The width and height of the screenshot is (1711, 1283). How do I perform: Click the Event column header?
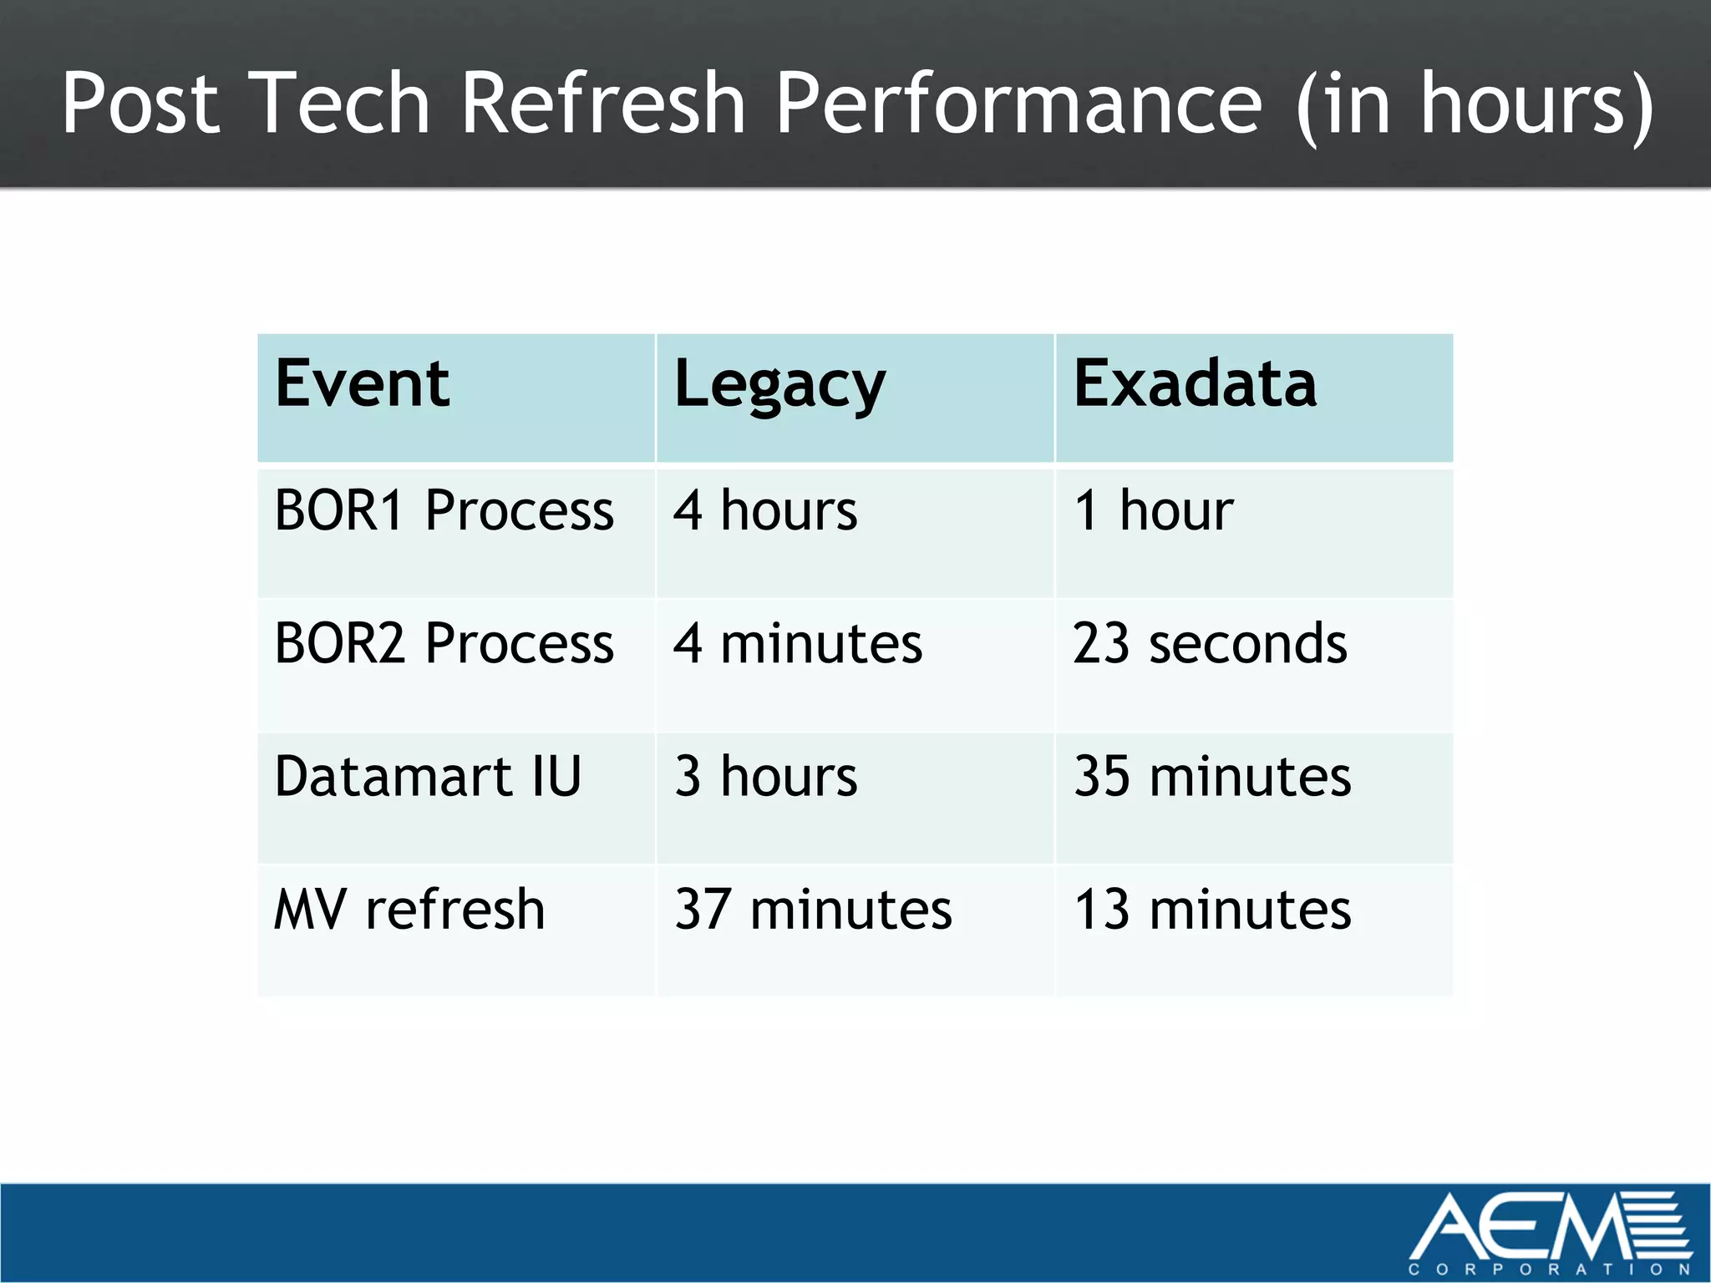362,383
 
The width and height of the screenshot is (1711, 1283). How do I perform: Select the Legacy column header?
779,385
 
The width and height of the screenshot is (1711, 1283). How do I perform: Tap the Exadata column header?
1195,383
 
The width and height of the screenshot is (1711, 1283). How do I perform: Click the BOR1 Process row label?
444,510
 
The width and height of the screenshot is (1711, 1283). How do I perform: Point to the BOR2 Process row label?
444,643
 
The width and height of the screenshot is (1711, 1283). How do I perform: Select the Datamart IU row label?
427,776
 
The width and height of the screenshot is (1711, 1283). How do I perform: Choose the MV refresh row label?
409,909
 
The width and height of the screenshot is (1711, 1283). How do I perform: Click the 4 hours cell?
765,510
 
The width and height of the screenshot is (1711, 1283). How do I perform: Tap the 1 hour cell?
1153,510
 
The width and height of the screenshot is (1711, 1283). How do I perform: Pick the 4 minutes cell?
798,643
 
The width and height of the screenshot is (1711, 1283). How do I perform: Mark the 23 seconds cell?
1210,643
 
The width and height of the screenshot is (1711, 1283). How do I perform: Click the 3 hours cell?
765,776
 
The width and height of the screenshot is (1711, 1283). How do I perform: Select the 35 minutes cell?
1212,776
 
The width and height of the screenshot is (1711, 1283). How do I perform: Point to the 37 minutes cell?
813,909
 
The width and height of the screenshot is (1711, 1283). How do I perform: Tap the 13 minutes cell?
1212,909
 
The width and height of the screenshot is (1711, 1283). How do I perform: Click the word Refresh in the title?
602,103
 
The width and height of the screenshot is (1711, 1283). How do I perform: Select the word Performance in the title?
1018,103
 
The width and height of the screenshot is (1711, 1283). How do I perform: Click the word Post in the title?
140,103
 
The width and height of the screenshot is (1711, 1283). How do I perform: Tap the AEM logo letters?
1529,1226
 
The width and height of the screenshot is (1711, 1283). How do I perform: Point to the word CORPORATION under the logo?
1550,1270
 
